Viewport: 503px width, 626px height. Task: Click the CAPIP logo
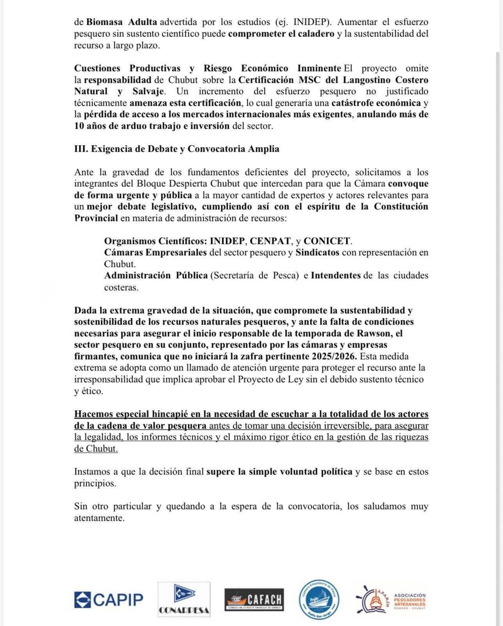tap(109, 599)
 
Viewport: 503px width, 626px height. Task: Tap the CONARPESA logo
tap(184, 599)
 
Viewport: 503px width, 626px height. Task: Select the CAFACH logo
tap(254, 599)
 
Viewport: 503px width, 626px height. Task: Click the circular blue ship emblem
tap(318, 600)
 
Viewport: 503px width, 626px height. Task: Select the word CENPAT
tap(270, 241)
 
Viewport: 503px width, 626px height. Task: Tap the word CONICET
tap(327, 241)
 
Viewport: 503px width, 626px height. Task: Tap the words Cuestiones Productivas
tap(127, 68)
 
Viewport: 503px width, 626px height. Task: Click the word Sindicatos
tap(317, 252)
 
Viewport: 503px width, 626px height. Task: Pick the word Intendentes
tap(336, 275)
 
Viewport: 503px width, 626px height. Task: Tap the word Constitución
tap(401, 207)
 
